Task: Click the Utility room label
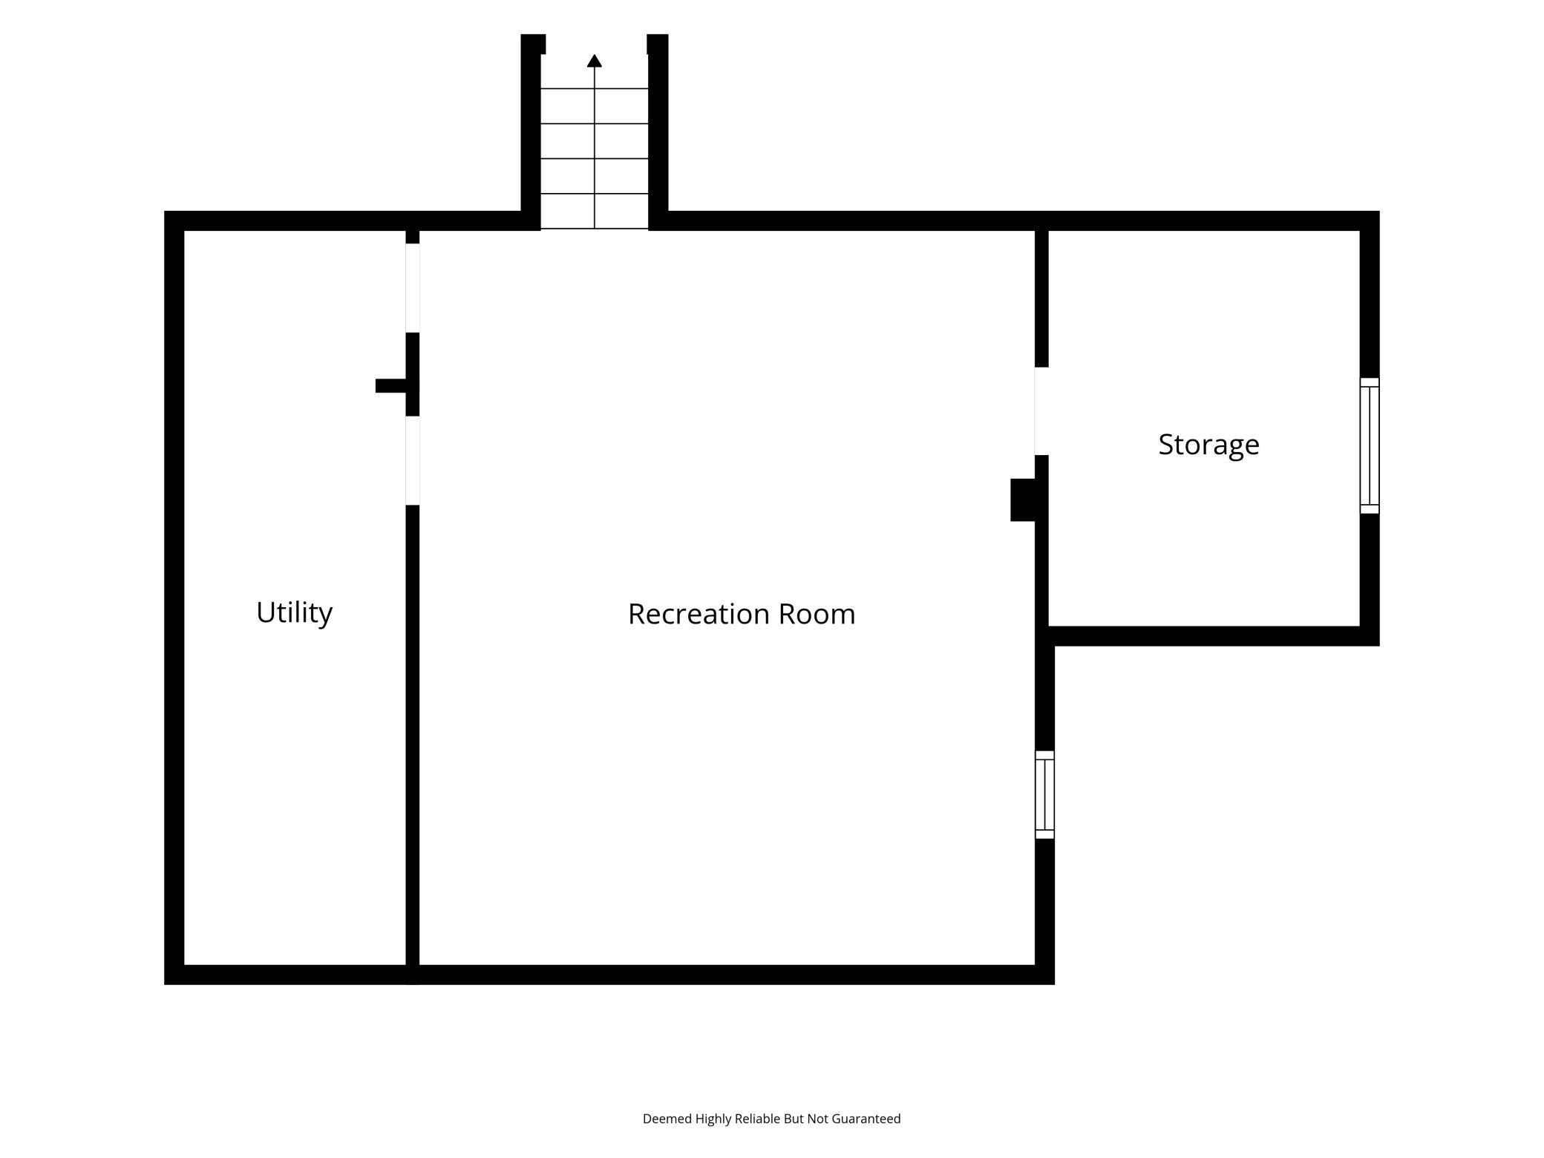[294, 613]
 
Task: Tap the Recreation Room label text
[742, 614]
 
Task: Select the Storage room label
[1208, 445]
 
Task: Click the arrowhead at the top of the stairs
[595, 61]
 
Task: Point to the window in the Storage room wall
[1370, 445]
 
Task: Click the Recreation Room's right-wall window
[1044, 794]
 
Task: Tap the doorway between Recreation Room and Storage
[1041, 411]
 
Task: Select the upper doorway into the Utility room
[413, 288]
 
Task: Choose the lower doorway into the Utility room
[413, 460]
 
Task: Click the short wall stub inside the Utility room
[391, 386]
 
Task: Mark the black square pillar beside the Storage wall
[1023, 500]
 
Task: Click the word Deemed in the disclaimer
[667, 1119]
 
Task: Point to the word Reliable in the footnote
[757, 1119]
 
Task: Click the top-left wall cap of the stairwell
[533, 44]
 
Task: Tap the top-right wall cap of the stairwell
[658, 44]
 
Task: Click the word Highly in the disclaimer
[713, 1119]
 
